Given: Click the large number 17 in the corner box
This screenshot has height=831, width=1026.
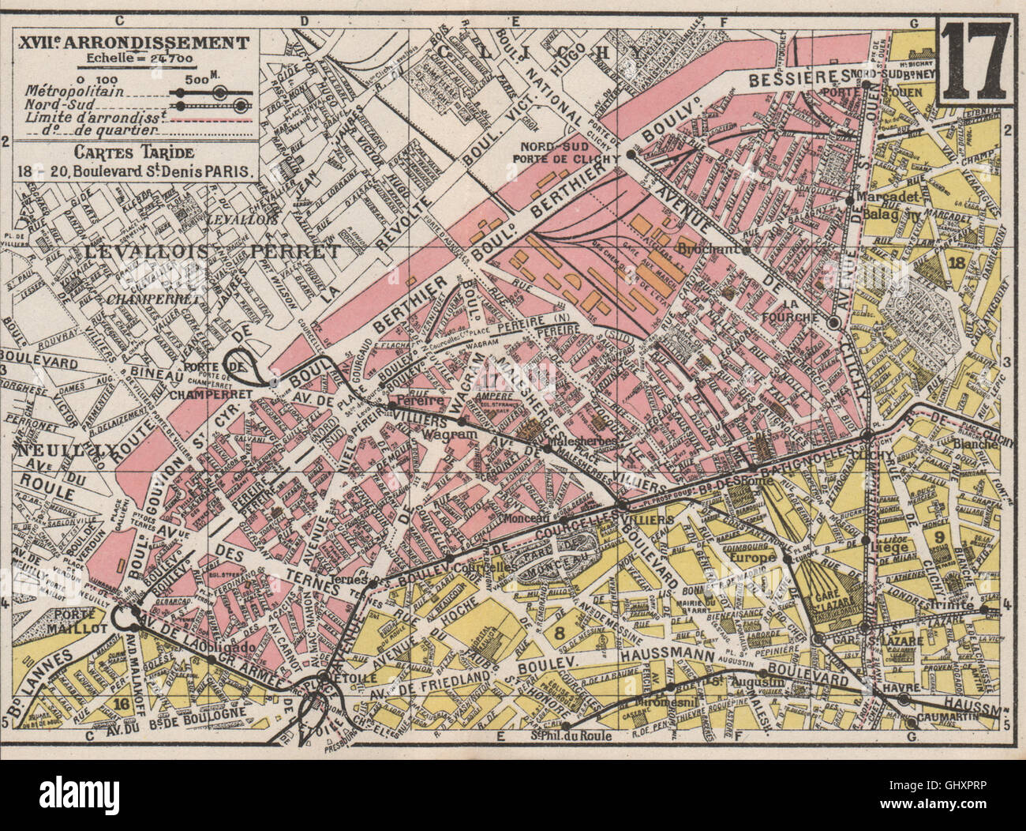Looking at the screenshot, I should point(975,60).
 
